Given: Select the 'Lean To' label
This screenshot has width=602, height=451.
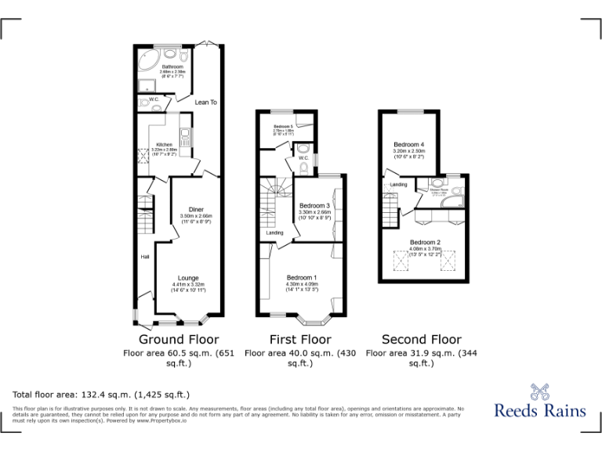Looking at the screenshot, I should (x=206, y=102).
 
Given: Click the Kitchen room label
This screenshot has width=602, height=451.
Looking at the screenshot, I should (x=163, y=144).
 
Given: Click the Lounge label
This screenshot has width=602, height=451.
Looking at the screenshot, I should (x=188, y=278).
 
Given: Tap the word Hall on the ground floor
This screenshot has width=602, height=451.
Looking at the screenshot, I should (x=145, y=257).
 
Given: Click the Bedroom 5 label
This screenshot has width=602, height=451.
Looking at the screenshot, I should (x=283, y=126).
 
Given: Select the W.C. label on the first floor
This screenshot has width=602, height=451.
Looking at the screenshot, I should (x=303, y=157).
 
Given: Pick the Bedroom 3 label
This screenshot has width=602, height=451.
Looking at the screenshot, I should (x=315, y=205).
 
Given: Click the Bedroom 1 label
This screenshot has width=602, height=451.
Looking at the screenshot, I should (x=302, y=278).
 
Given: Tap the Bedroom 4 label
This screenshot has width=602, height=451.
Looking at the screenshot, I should (x=408, y=145).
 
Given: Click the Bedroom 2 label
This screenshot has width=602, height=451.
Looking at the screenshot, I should (x=425, y=242).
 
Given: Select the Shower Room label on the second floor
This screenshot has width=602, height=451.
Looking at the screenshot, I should (x=438, y=189).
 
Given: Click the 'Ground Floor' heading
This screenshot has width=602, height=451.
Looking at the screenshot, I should (x=179, y=340).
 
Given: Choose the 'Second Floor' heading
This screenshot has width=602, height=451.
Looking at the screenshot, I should (x=421, y=340).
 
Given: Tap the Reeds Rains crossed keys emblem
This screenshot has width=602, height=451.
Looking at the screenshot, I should (x=540, y=391).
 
